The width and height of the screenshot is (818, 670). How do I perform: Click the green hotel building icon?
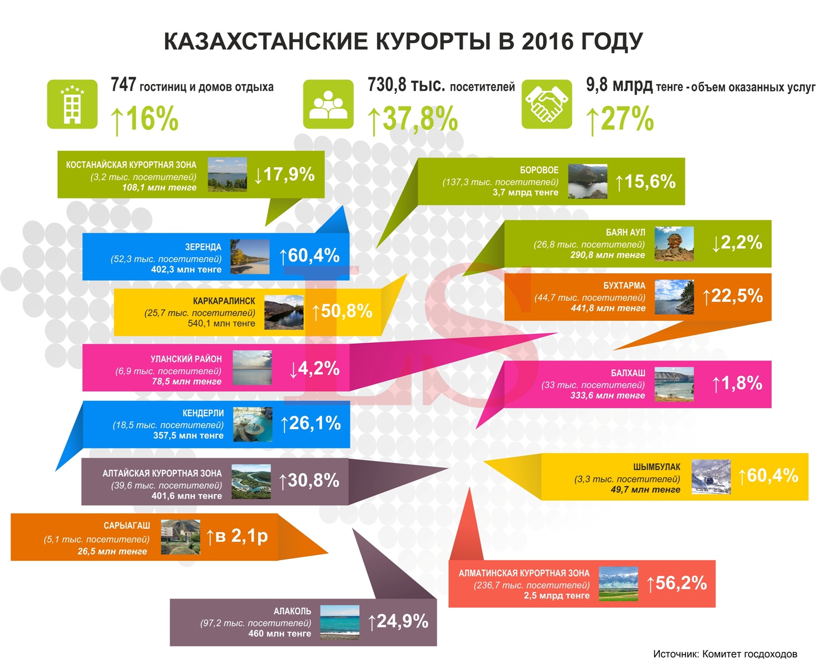click(72, 104)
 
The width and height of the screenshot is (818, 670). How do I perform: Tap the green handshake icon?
click(546, 104)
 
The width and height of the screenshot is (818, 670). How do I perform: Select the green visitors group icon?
click(328, 104)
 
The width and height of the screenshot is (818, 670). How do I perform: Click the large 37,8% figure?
click(414, 118)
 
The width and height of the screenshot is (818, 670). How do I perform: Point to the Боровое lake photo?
click(587, 181)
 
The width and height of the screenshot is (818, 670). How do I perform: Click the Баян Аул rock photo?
click(674, 244)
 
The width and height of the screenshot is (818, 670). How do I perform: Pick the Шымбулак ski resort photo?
click(711, 477)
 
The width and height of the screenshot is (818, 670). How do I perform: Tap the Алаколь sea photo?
click(340, 622)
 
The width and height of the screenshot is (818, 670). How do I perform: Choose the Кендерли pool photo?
click(252, 424)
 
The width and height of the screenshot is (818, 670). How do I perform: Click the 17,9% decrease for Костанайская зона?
click(284, 174)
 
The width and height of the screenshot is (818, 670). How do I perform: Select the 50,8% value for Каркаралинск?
click(342, 311)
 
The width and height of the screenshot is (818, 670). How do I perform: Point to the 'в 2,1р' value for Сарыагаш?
click(238, 536)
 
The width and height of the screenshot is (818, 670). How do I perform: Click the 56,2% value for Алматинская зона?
click(677, 583)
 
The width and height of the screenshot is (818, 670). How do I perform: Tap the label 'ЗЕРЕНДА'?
click(203, 247)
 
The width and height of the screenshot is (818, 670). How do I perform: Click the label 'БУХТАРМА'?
click(624, 286)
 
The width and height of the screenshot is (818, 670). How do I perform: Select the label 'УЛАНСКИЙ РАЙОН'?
click(186, 359)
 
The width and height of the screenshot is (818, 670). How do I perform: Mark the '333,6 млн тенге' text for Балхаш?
click(607, 396)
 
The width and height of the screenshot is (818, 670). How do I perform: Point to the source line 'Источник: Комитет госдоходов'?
click(725, 654)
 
